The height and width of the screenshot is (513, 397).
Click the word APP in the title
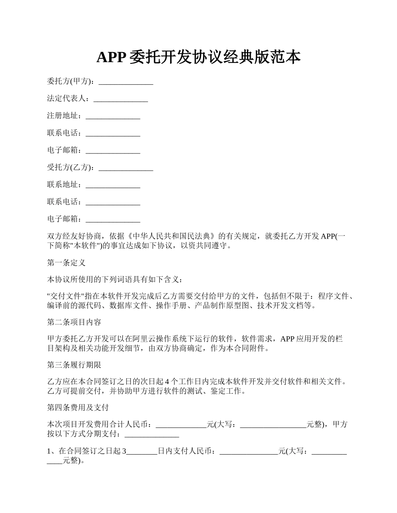pos(111,58)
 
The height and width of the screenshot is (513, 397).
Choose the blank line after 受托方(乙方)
pos(126,168)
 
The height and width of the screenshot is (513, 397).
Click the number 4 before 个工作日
pos(168,382)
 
